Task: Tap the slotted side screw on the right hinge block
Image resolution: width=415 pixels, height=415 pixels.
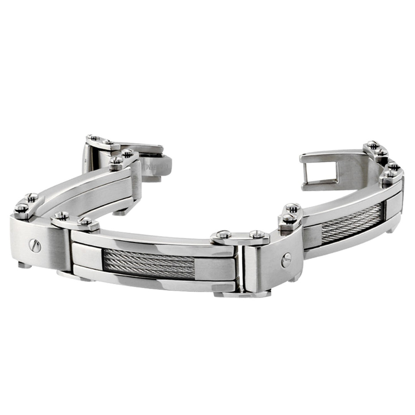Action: (x=286, y=260)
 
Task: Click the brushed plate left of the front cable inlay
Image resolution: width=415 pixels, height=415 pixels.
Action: (x=87, y=256)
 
